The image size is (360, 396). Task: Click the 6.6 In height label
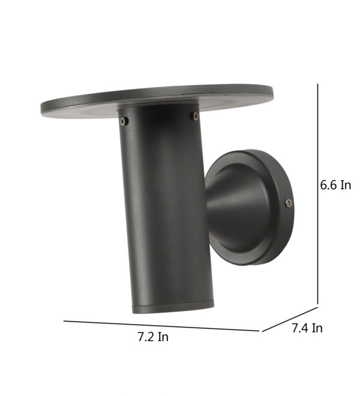point(335,185)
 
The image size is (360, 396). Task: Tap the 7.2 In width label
point(153,337)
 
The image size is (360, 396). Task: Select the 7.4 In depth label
point(307,328)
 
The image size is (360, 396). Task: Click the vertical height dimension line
point(317,194)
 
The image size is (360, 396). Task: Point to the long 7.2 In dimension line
point(161,326)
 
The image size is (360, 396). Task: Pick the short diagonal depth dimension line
point(290,319)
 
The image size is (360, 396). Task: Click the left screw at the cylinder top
point(124,121)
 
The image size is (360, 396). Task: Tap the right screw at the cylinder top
point(195,116)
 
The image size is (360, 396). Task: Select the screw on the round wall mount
point(289,203)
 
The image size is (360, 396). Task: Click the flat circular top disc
point(157,101)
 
